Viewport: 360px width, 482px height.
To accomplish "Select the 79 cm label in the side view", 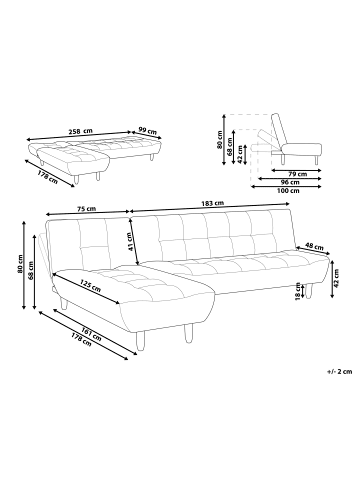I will [x=293, y=174].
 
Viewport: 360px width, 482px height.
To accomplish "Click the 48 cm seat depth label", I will [x=313, y=246].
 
